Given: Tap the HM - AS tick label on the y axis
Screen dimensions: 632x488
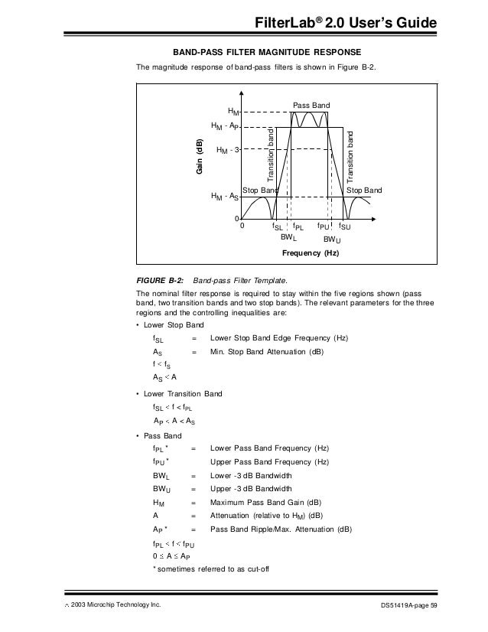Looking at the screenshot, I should (226, 197).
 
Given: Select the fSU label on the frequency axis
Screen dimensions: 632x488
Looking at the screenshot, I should (344, 227).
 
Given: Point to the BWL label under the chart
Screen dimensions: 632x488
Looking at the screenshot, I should (288, 237).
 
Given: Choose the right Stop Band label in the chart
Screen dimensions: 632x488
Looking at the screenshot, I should (364, 189).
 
